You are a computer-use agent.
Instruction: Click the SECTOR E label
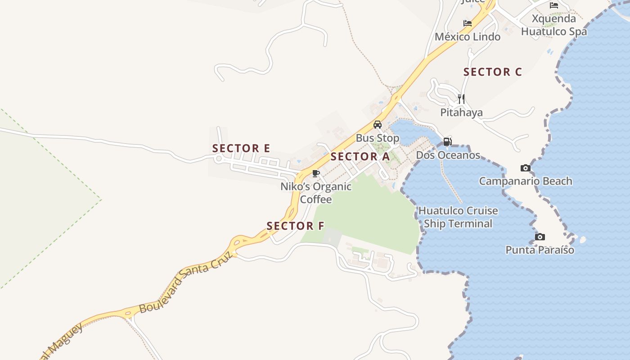(241, 148)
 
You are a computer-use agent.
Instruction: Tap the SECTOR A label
(360, 157)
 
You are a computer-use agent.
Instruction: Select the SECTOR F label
(295, 226)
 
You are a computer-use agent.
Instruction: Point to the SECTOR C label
(492, 72)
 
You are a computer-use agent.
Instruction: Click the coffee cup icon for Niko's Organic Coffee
(316, 173)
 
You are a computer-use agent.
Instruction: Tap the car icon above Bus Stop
(378, 125)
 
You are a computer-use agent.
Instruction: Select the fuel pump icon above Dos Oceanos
(447, 141)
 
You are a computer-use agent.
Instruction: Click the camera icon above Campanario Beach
(525, 168)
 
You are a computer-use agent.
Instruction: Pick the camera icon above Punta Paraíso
(540, 237)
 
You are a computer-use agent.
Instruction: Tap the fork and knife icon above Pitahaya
(461, 99)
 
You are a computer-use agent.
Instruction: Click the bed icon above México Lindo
(468, 23)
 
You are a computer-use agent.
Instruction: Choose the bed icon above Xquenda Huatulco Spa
(554, 5)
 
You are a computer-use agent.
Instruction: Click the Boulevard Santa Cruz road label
(186, 282)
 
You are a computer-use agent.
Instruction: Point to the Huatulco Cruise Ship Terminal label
(458, 217)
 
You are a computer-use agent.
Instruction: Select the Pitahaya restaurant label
(461, 112)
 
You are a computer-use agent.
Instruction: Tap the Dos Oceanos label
(448, 155)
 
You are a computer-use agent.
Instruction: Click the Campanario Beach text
(525, 181)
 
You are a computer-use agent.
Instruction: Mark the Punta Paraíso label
(540, 250)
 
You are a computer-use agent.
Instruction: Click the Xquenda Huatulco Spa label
(554, 25)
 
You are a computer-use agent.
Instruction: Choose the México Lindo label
(468, 37)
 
